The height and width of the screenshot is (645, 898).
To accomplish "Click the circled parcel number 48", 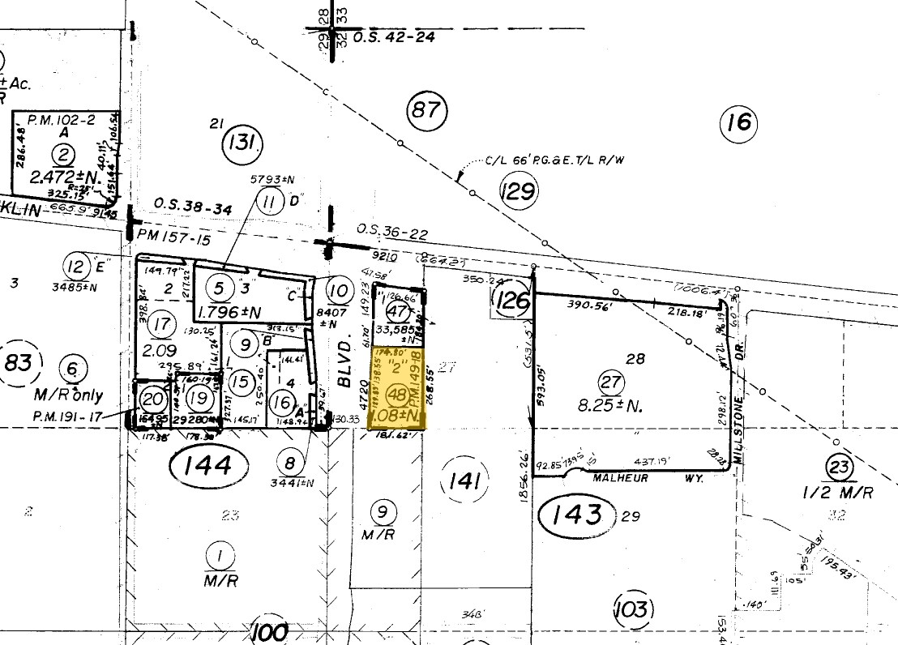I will point(397,395).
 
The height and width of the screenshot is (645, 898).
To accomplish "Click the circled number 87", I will point(425,109).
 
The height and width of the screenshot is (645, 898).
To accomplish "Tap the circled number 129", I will point(518,192).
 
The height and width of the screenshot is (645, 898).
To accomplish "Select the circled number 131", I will point(242,144).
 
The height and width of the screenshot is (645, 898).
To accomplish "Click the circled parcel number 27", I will point(609,382).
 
